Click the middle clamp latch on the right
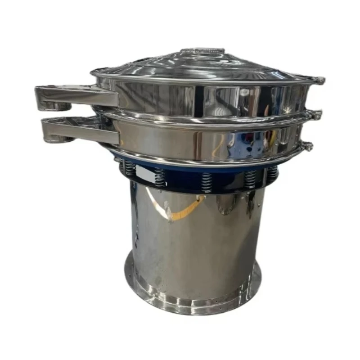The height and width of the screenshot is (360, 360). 316,115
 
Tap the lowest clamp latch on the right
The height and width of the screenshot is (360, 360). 308,146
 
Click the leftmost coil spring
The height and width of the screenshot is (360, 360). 130,168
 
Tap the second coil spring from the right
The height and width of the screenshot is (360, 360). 250,179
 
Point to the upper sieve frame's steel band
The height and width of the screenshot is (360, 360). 207,97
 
